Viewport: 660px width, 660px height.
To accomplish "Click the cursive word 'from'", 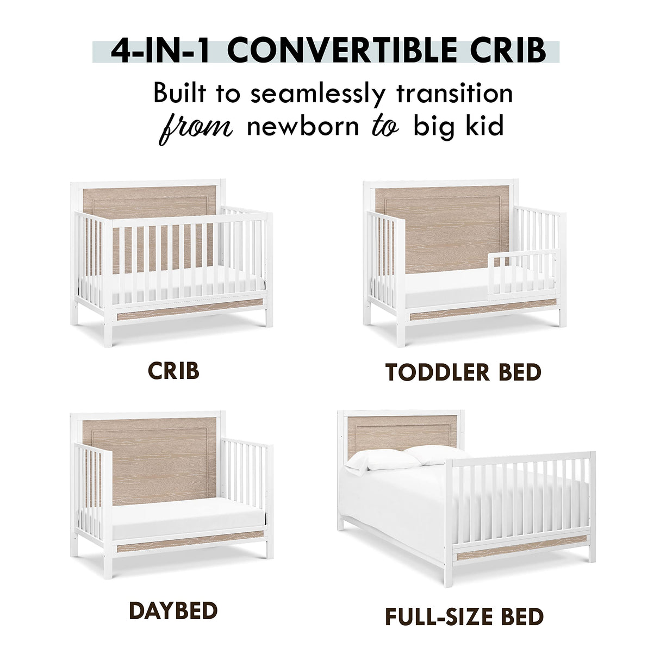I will click(x=196, y=127).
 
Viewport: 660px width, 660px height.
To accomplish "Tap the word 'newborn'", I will click(x=303, y=127).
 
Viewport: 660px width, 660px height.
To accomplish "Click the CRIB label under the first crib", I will click(x=173, y=371).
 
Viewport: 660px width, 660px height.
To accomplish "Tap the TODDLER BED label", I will click(x=463, y=372).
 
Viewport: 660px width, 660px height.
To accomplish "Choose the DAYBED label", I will click(x=173, y=611).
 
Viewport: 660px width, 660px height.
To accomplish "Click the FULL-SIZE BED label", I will click(x=464, y=617).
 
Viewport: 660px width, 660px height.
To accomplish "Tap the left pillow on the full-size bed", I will click(x=384, y=460).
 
